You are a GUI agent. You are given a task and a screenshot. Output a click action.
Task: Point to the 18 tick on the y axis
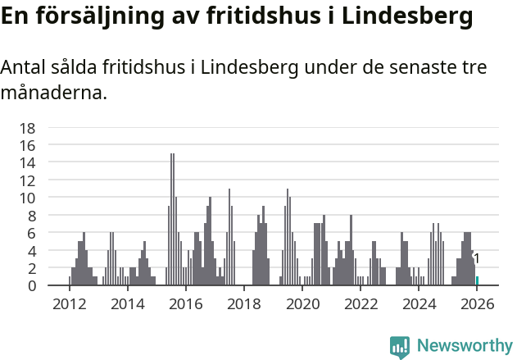27,128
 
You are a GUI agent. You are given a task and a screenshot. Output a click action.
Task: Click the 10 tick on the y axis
27,198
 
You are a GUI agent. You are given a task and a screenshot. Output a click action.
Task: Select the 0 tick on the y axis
31,285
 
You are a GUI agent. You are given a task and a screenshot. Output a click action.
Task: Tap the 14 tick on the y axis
27,162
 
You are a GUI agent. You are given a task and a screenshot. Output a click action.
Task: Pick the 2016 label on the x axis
185,303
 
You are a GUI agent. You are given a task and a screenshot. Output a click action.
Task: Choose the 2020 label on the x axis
302,303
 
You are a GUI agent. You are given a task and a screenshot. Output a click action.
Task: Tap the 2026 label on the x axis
477,303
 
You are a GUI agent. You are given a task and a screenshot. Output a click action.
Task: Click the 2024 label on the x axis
419,303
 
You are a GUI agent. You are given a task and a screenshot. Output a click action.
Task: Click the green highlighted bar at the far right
477,281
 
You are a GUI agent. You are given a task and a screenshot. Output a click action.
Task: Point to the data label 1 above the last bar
477,259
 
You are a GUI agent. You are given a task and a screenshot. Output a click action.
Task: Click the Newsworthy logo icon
400,346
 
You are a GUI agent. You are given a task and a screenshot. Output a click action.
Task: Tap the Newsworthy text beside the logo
464,346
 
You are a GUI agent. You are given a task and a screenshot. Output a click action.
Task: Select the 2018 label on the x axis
243,303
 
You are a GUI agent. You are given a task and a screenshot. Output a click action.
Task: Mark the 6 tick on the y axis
31,233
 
